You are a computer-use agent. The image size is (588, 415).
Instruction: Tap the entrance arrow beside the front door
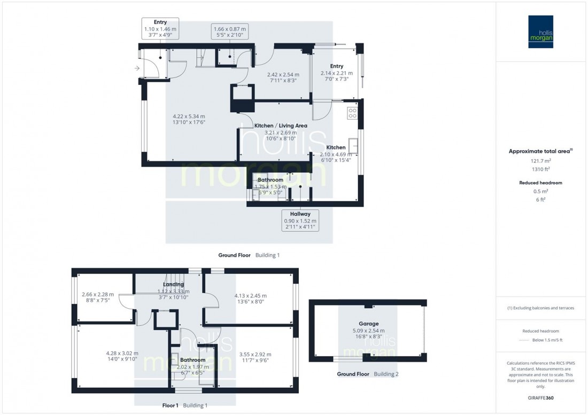coord(137,68)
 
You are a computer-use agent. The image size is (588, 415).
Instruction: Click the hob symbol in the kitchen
coord(352,113)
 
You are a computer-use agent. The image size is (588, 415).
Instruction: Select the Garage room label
coord(368,324)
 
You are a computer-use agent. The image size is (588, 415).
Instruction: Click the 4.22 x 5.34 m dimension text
coord(189,116)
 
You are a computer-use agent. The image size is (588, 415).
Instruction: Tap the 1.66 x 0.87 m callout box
coord(229,32)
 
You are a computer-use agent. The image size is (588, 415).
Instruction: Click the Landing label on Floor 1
coord(173,284)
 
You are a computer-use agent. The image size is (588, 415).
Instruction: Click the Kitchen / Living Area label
coord(281,126)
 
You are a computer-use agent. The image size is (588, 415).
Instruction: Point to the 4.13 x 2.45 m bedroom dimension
coord(250,296)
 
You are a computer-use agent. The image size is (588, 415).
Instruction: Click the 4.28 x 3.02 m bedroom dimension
coord(122,353)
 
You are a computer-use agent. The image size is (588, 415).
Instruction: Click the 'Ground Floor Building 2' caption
coord(368,374)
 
